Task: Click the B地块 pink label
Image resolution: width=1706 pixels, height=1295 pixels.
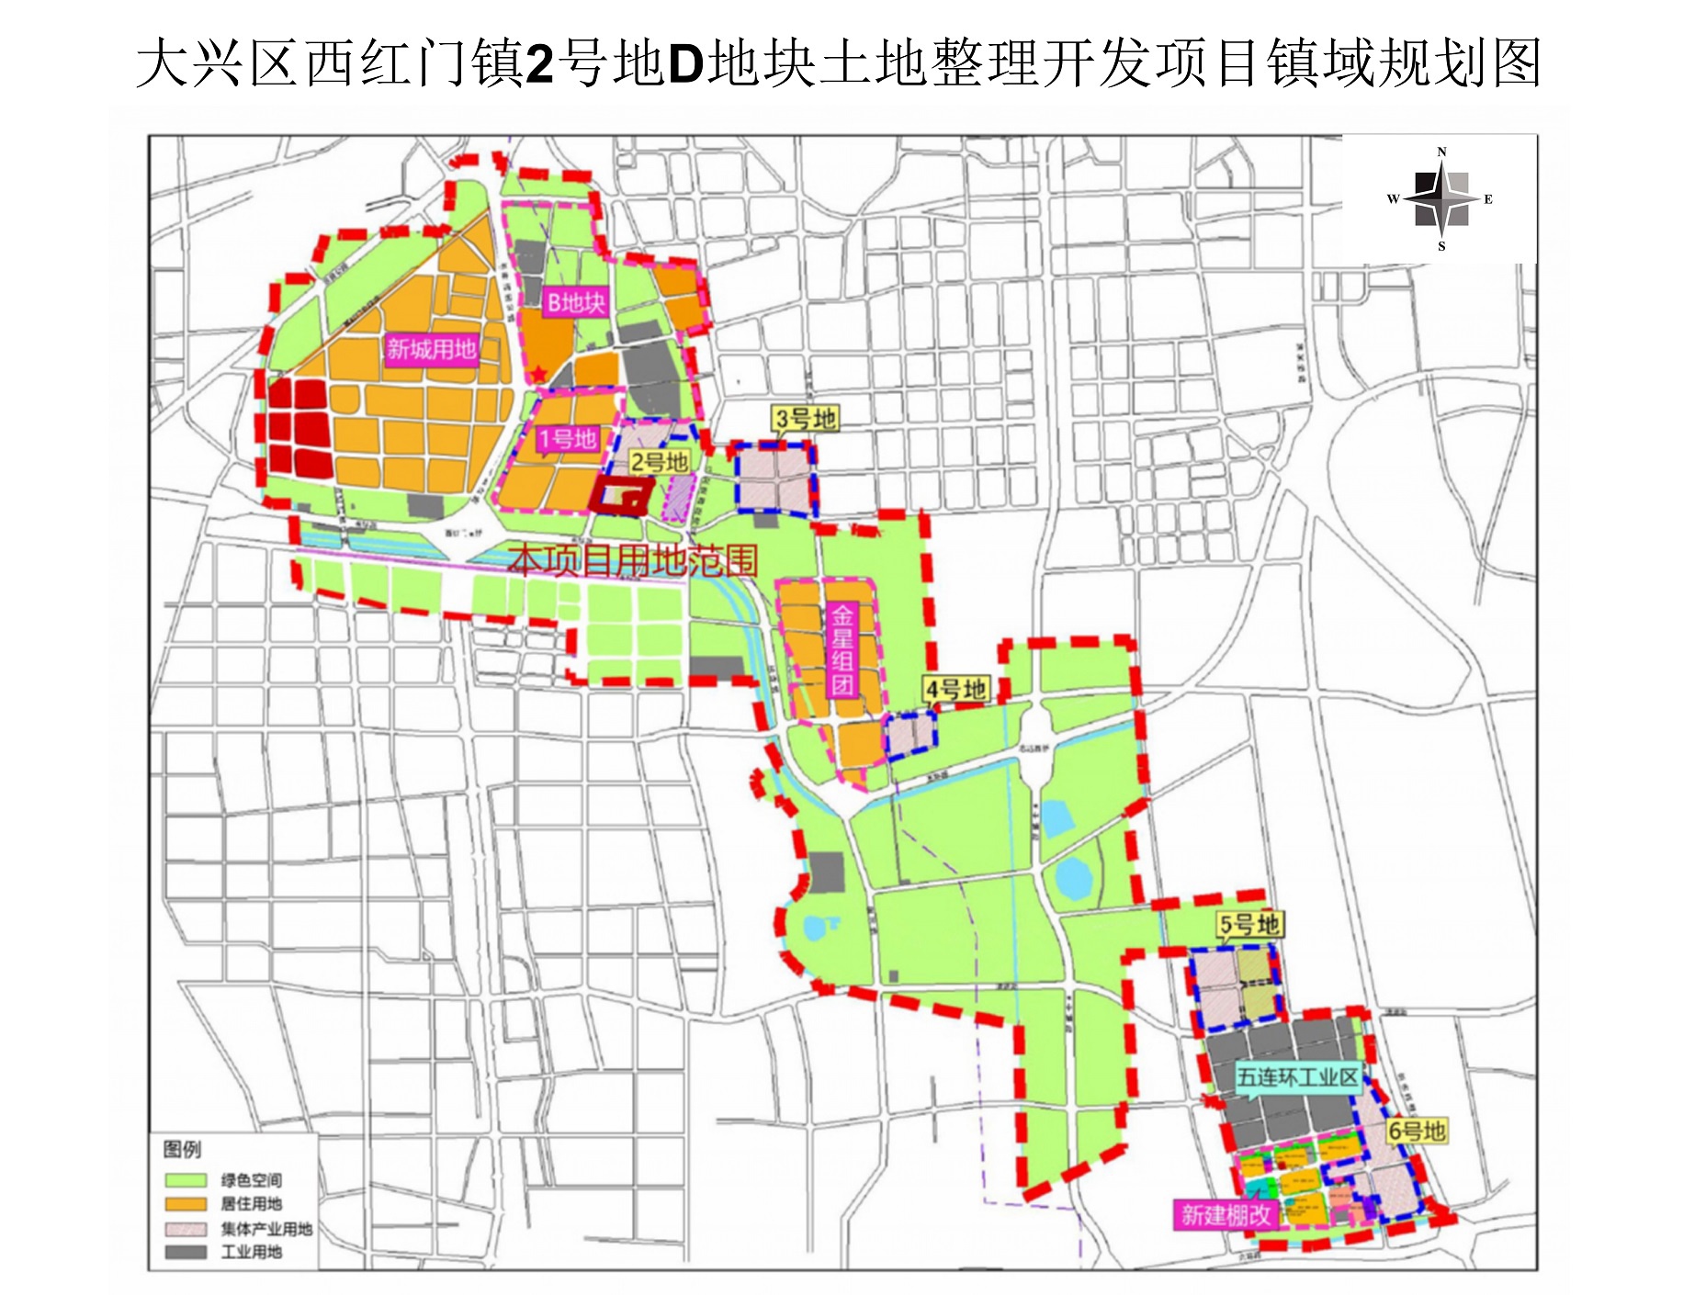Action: click(575, 302)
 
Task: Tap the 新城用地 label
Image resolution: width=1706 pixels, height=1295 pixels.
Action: click(431, 349)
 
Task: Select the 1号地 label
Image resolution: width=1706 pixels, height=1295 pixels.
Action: click(567, 439)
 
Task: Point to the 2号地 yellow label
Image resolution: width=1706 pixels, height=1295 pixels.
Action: click(659, 462)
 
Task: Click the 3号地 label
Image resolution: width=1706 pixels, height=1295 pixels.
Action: click(805, 419)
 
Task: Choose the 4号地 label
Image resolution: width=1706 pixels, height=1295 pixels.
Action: click(955, 689)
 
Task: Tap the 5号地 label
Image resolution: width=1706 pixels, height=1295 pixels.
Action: click(1249, 925)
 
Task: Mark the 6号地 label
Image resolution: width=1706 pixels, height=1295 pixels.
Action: click(1416, 1131)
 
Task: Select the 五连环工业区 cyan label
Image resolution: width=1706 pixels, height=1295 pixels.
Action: click(1296, 1076)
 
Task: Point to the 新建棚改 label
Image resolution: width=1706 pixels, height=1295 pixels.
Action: click(1226, 1215)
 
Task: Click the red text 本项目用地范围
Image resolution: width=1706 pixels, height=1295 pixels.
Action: click(634, 559)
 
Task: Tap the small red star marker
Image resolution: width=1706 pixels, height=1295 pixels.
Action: click(538, 374)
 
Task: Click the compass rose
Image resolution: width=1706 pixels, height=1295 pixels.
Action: click(1440, 199)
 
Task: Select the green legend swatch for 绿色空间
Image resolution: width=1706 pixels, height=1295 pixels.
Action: click(186, 1180)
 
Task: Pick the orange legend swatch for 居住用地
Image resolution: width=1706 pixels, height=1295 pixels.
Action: click(186, 1204)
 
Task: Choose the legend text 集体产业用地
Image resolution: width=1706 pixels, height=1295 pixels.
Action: click(266, 1229)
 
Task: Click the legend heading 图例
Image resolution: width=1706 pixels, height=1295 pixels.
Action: click(182, 1149)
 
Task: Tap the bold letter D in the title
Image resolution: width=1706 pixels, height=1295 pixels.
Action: click(685, 64)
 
